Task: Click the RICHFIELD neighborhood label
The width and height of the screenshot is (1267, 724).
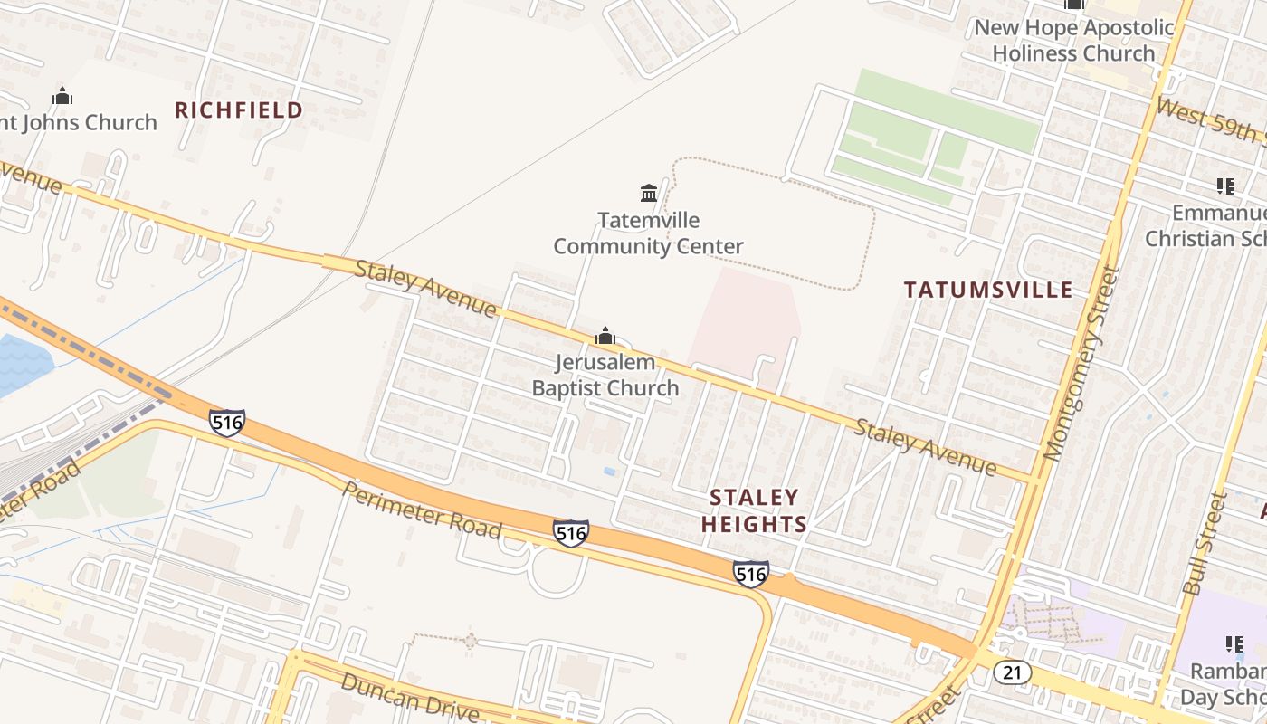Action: click(x=239, y=110)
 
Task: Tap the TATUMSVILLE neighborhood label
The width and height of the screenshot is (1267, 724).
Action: click(x=988, y=290)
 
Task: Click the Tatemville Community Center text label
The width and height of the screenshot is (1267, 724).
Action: click(x=648, y=233)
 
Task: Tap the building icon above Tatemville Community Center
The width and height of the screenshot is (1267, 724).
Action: click(x=649, y=193)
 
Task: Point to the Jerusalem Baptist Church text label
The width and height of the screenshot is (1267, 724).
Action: click(x=605, y=376)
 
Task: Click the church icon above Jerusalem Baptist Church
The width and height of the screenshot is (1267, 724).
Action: click(x=605, y=337)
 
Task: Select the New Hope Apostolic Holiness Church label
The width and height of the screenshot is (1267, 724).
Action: click(x=1073, y=40)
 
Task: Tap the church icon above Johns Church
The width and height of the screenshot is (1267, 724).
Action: click(x=62, y=96)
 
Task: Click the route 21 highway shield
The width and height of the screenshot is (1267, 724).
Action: click(x=1012, y=672)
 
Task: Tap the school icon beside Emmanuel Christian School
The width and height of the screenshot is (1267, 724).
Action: click(x=1224, y=187)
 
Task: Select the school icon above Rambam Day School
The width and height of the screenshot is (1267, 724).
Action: click(x=1234, y=644)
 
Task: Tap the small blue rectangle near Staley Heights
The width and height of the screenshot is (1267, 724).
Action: click(x=609, y=472)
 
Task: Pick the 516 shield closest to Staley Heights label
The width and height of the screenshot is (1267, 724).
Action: click(x=751, y=573)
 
